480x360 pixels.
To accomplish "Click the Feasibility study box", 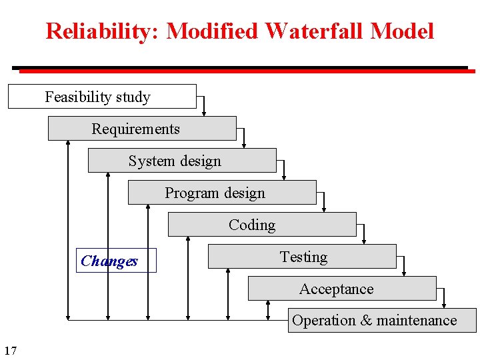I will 102,96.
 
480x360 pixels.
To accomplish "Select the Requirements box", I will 142,128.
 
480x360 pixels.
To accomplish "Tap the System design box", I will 182,160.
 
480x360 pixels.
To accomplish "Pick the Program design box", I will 222,192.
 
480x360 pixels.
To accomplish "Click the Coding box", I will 262,224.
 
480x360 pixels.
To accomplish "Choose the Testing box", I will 302,256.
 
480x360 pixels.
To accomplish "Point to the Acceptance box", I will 342,288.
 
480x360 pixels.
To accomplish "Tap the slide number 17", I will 10,350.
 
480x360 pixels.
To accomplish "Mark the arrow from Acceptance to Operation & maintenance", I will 444,297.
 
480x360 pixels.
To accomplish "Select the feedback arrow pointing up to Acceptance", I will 268,310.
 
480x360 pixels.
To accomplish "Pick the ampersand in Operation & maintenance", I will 366,321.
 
